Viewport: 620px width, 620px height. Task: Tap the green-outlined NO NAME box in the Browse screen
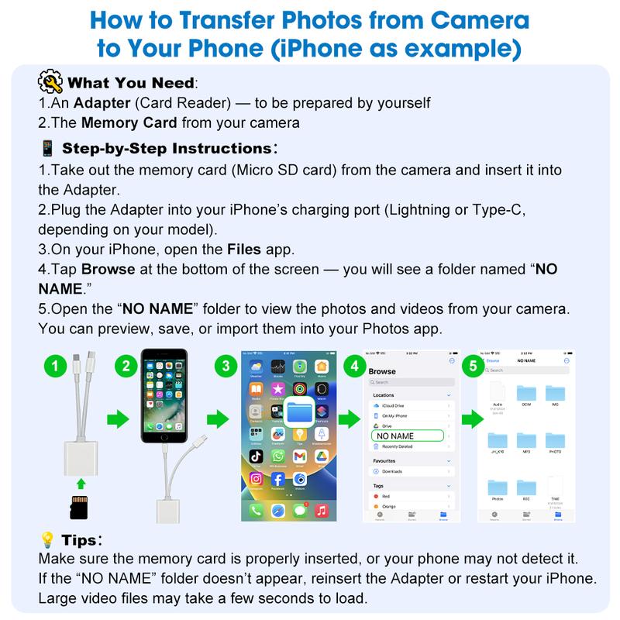tap(408, 436)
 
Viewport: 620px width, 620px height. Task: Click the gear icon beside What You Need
tap(50, 83)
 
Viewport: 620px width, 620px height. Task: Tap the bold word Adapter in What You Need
tap(98, 103)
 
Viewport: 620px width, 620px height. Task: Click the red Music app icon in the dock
tap(321, 510)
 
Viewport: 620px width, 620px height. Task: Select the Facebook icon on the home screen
tap(276, 480)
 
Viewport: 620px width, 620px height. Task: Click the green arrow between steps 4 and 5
tap(471, 420)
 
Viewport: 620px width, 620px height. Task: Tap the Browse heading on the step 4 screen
tap(382, 371)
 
